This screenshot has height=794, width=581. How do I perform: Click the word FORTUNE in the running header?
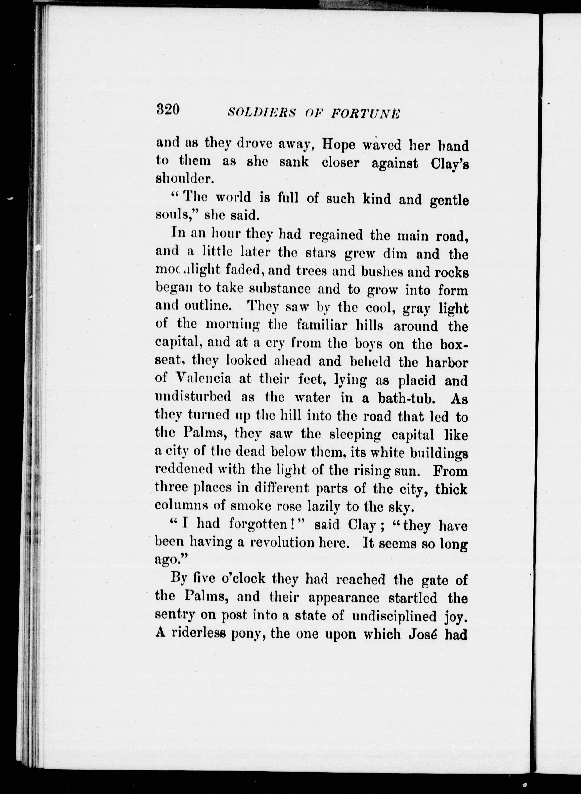[365, 113]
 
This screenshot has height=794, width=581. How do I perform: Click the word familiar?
[322, 325]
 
